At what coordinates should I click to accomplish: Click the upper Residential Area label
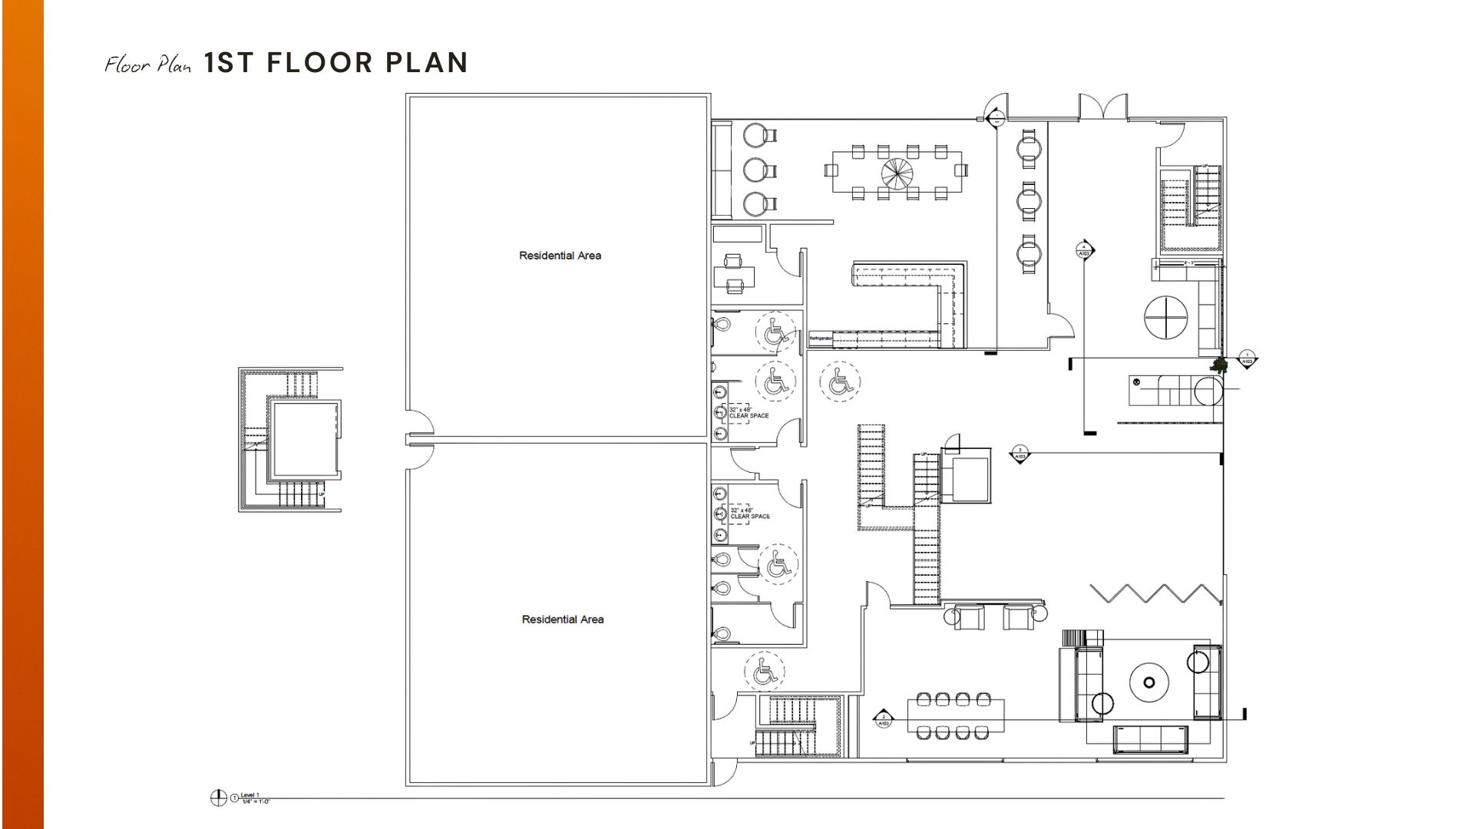(560, 256)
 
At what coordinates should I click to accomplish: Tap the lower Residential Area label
(563, 619)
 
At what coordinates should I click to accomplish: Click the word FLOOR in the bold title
(320, 63)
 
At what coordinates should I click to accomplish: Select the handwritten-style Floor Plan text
(147, 64)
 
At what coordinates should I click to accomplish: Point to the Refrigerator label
(820, 339)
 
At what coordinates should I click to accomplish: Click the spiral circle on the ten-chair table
(897, 173)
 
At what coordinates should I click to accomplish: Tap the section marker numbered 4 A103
(1084, 250)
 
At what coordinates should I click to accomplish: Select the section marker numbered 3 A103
(1020, 454)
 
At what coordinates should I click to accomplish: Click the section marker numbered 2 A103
(884, 720)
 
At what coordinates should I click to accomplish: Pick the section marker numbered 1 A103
(1248, 359)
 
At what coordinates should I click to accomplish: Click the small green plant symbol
(1218, 365)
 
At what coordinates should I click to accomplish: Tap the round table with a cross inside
(1165, 317)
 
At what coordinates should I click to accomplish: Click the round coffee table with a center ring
(1148, 682)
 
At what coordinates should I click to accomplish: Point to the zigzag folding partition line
(1155, 593)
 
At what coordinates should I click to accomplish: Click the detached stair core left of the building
(291, 439)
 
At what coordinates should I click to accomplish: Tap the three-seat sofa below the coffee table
(1150, 738)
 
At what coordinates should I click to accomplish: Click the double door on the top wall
(1103, 107)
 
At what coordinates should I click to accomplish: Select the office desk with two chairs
(734, 274)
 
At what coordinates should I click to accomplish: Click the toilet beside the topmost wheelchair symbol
(721, 325)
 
